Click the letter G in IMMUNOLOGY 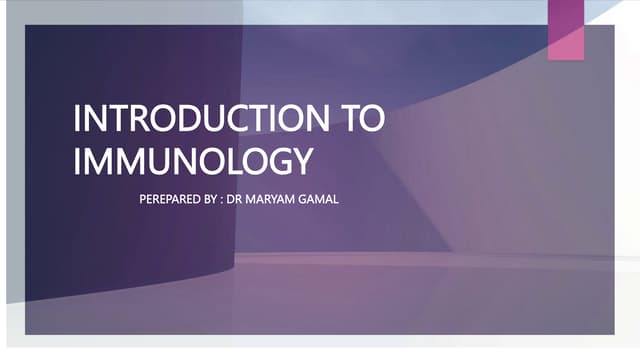[x=275, y=161]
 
